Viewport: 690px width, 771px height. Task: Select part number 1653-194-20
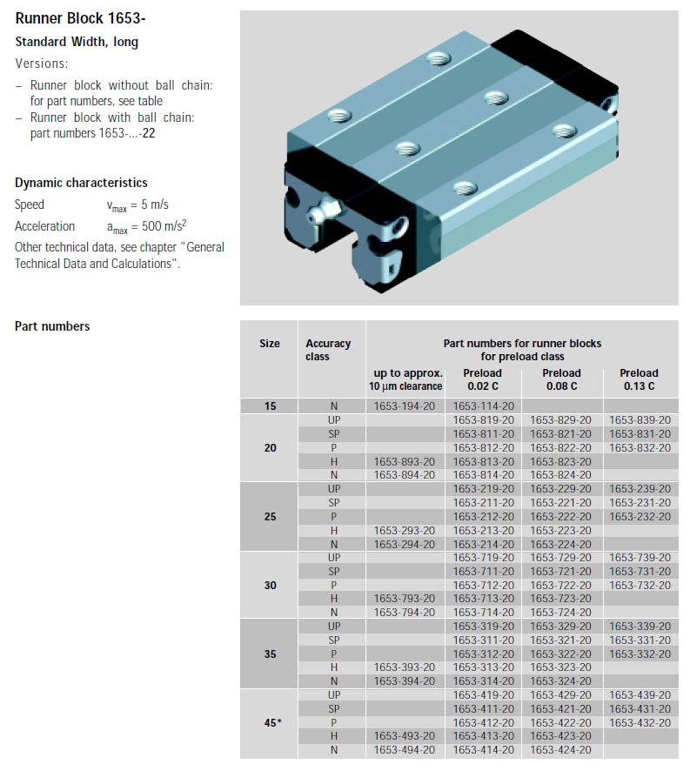(404, 406)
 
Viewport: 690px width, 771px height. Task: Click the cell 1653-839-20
(640, 420)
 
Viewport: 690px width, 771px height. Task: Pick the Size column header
(270, 344)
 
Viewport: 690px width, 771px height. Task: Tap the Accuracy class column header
(328, 350)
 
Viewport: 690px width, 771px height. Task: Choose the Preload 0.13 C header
(640, 379)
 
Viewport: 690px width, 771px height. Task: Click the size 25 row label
(270, 517)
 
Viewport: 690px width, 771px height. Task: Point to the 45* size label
(272, 722)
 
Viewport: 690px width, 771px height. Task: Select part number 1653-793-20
(404, 599)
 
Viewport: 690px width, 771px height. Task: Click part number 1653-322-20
(560, 654)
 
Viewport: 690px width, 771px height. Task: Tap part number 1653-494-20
(404, 750)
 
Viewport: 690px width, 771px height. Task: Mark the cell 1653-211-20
(483, 503)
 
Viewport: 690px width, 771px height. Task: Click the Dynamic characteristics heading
(81, 183)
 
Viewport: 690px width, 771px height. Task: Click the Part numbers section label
(52, 326)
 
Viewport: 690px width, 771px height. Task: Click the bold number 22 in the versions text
(150, 133)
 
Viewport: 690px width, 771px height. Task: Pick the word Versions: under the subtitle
(42, 64)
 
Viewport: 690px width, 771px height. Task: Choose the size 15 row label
(270, 406)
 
